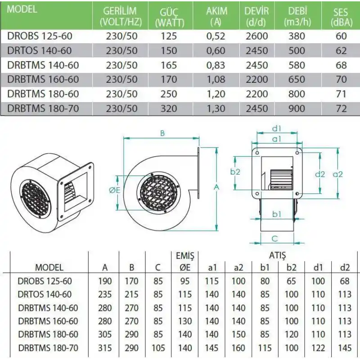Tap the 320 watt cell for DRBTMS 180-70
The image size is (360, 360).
pyautogui.click(x=169, y=108)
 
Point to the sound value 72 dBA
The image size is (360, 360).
pyautogui.click(x=341, y=108)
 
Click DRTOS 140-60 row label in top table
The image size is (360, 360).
pyautogui.click(x=40, y=51)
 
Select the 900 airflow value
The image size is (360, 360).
pyautogui.click(x=297, y=108)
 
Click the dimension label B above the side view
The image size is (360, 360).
pyautogui.click(x=162, y=134)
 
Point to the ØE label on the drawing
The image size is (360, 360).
pyautogui.click(x=115, y=190)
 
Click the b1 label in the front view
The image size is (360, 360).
pyautogui.click(x=276, y=214)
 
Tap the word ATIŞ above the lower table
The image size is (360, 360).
pyautogui.click(x=278, y=256)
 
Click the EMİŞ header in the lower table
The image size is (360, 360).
pyautogui.click(x=185, y=256)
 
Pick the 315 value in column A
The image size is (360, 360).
pyautogui.click(x=105, y=348)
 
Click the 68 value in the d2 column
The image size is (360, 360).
pyautogui.click(x=345, y=281)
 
